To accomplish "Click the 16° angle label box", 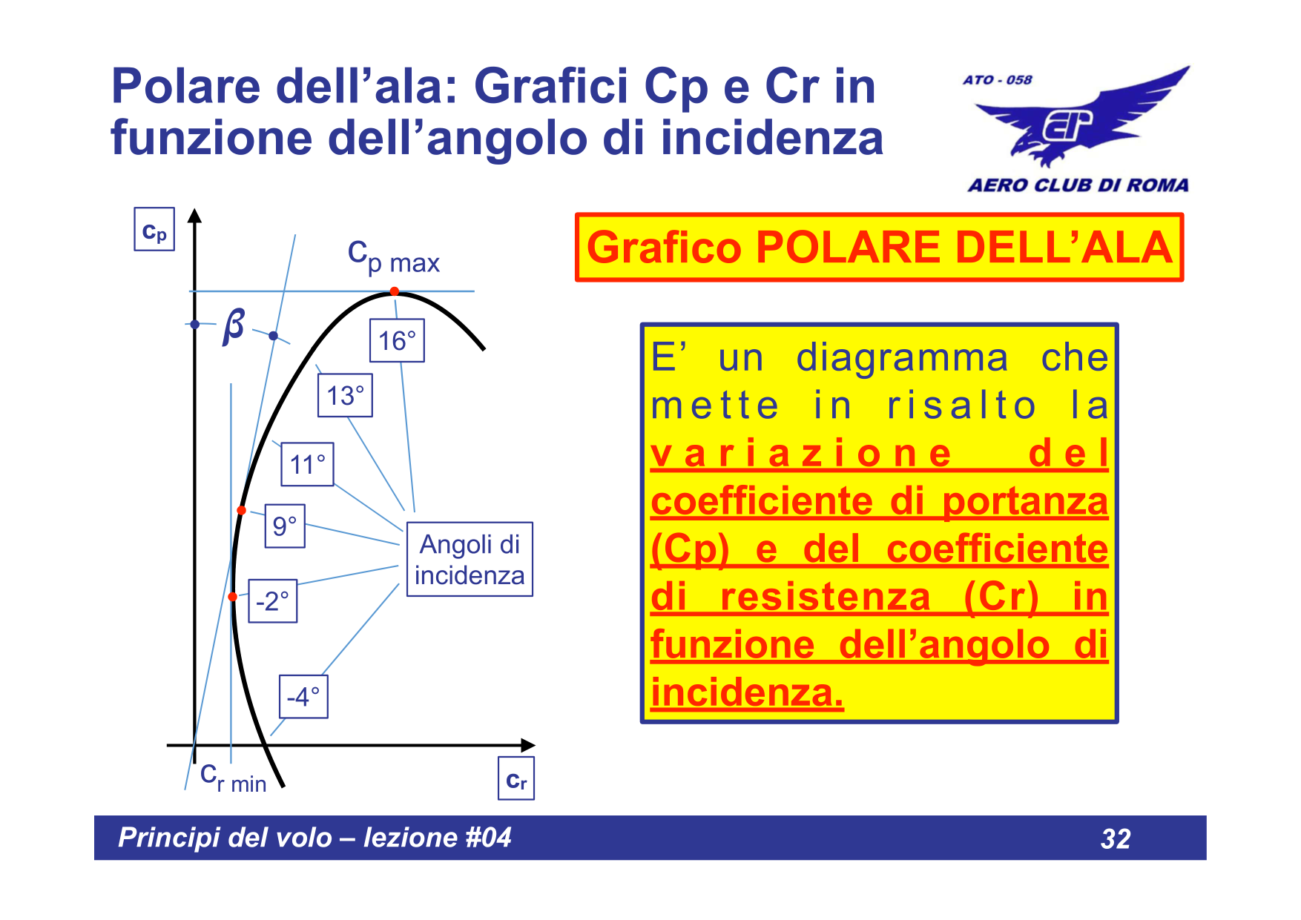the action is tap(397, 341).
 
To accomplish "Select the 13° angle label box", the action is tap(345, 395).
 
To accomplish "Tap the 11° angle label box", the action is tap(307, 464).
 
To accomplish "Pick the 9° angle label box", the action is tap(285, 526).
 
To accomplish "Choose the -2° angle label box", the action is tap(272, 600).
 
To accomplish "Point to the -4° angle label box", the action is tap(303, 696).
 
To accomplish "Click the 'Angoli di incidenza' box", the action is tap(470, 559).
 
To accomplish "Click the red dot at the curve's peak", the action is tap(395, 291).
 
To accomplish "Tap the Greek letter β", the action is tap(234, 325).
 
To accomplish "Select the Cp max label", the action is tap(394, 257).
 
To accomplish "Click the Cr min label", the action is tap(234, 778).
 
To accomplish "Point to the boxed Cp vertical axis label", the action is tap(154, 230).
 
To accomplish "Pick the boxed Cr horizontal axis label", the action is tap(516, 778).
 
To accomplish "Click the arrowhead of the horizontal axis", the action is tap(528, 745).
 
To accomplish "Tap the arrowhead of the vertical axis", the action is tap(194, 216).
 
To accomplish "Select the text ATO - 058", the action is tap(998, 79).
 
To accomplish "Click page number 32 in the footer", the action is tap(1116, 838).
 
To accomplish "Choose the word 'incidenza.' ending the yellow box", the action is tap(747, 693).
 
